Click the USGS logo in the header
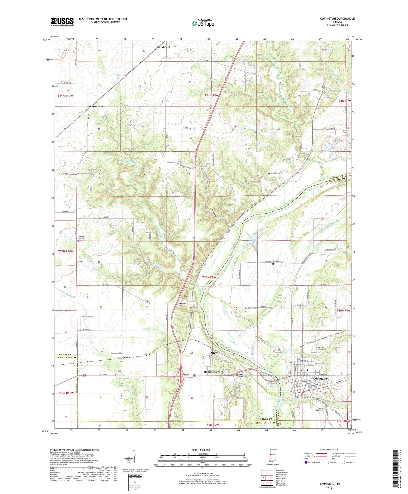tap(62, 22)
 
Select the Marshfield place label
tap(163, 47)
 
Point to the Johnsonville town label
tap(95, 106)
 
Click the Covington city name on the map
tap(320, 378)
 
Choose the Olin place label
tap(214, 353)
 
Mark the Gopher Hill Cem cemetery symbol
tap(79, 241)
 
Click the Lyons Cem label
tap(275, 173)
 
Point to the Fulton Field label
tap(87, 316)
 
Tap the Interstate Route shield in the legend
tap(306, 462)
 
